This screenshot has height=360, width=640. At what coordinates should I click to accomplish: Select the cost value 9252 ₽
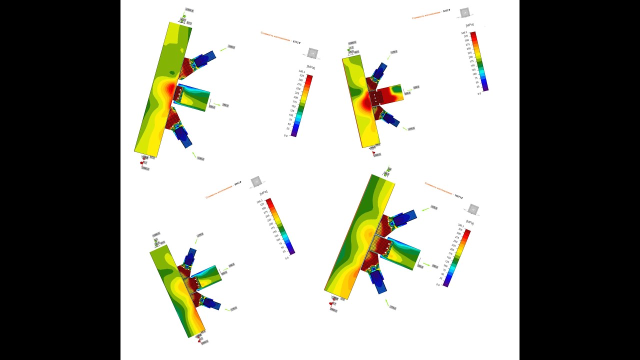click(x=446, y=10)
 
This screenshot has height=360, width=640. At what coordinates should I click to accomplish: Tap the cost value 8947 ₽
click(x=238, y=183)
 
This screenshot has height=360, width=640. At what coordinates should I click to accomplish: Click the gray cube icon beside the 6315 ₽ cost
click(x=313, y=53)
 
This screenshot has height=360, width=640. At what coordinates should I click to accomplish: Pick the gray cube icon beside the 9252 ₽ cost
click(x=465, y=12)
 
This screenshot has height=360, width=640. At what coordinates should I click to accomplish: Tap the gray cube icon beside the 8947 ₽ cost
click(x=256, y=181)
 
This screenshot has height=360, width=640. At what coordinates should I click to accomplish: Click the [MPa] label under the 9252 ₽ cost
click(x=469, y=25)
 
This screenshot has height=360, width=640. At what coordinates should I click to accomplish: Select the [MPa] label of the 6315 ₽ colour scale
click(x=310, y=67)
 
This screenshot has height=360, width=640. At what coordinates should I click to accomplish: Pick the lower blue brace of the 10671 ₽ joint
click(x=378, y=283)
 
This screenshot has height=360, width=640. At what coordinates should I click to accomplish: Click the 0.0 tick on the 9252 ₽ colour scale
click(x=479, y=93)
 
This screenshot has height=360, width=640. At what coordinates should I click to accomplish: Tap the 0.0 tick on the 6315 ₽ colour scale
click(x=285, y=135)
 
